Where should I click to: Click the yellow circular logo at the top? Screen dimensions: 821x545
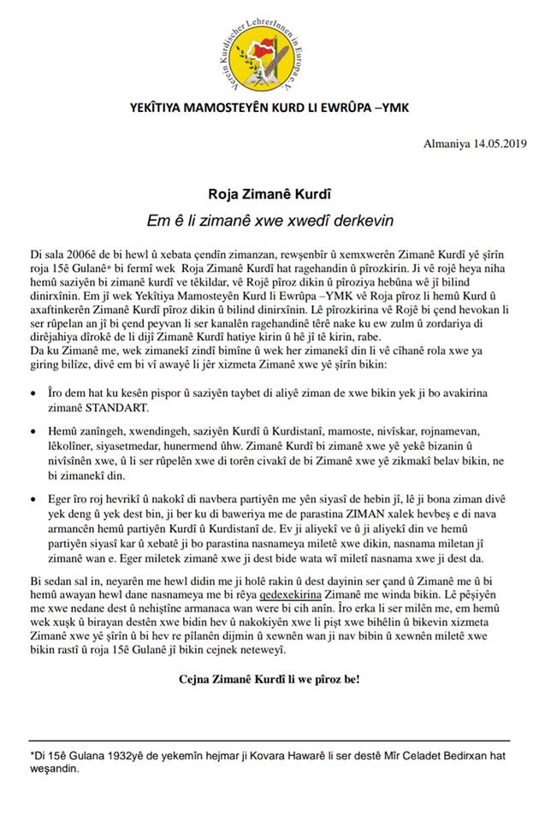tap(272, 50)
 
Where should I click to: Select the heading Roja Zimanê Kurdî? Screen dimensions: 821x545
tap(271, 195)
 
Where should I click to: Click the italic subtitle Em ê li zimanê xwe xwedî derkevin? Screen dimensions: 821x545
tap(271, 220)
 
